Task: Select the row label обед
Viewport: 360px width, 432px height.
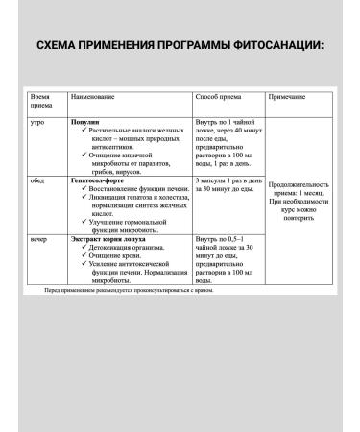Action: [38, 179]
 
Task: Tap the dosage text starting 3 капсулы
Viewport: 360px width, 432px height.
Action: [227, 183]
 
